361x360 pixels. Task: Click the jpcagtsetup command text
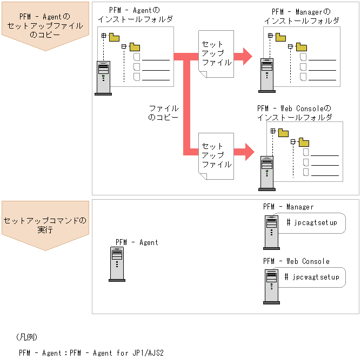(x=311, y=222)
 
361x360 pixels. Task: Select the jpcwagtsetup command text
(x=312, y=277)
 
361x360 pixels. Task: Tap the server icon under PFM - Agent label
(x=117, y=264)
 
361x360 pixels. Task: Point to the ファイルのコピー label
(x=163, y=112)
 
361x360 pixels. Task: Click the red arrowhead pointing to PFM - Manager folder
(x=246, y=55)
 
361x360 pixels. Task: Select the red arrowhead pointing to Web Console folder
(x=248, y=152)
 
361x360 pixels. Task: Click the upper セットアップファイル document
(x=216, y=55)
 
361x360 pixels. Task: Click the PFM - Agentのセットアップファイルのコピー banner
(x=45, y=26)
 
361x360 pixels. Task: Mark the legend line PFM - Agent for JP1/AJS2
(x=91, y=353)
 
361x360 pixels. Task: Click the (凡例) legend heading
(x=26, y=337)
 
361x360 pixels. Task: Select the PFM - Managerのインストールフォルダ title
(x=302, y=16)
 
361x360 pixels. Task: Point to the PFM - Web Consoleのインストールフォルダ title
(x=295, y=112)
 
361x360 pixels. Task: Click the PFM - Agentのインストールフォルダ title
(x=136, y=15)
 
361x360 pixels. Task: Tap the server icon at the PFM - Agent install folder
(x=103, y=78)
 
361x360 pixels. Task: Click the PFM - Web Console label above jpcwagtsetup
(x=296, y=261)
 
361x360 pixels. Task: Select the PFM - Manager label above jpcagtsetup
(x=288, y=207)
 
